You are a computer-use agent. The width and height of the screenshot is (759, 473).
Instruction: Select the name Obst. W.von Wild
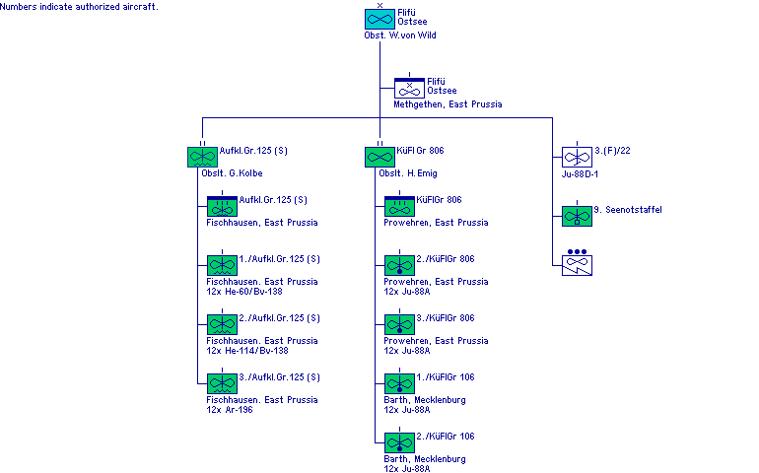(x=399, y=35)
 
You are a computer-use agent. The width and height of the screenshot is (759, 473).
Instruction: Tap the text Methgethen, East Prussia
(x=448, y=104)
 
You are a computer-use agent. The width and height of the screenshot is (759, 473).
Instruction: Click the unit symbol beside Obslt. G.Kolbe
(x=202, y=156)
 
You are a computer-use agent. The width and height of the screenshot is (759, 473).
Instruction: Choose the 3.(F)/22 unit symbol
(x=577, y=156)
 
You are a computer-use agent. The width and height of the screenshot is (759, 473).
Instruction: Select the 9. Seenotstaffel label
(x=629, y=210)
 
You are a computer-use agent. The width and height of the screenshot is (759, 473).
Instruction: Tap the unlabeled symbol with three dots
(x=577, y=263)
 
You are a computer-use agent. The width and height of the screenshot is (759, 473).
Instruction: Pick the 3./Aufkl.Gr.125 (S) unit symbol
(x=222, y=382)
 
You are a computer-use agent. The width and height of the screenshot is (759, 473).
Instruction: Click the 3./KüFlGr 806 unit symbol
(x=399, y=323)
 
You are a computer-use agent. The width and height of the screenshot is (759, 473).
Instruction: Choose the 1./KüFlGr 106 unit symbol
(x=399, y=382)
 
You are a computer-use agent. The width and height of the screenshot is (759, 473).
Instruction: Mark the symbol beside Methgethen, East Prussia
(x=409, y=87)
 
